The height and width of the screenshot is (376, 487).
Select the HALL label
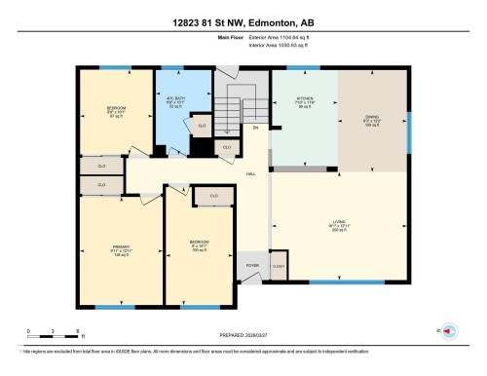click(250, 173)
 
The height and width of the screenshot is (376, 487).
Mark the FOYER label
click(250, 264)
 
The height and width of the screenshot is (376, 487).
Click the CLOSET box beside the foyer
click(279, 265)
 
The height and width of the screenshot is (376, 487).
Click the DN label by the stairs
click(255, 127)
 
